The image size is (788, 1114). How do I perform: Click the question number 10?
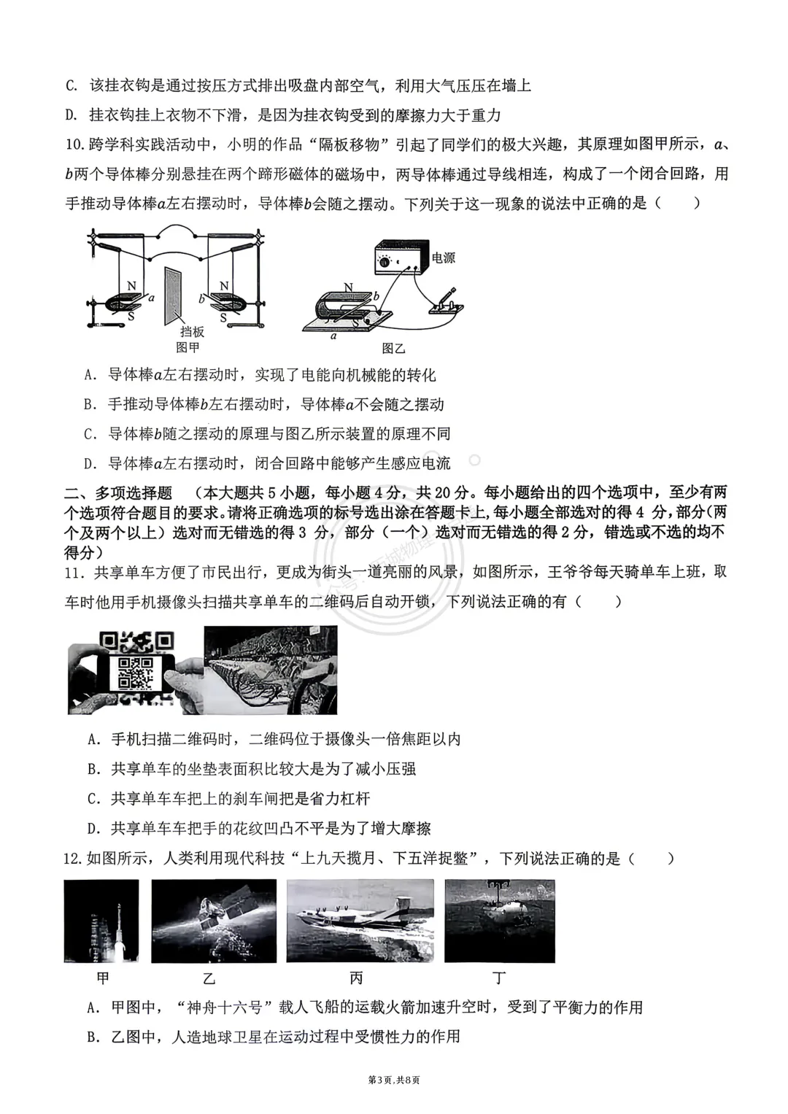pos(74,144)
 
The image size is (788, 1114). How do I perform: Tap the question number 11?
pos(74,572)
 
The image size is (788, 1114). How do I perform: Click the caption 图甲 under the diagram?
pos(188,347)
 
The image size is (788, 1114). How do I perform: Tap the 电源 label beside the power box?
pos(444,258)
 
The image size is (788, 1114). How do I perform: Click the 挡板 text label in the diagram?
pos(192,332)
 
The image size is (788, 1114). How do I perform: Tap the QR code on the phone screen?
pos(134,672)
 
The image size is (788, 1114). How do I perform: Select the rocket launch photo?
pos(101,921)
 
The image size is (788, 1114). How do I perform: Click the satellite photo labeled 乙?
pos(214,921)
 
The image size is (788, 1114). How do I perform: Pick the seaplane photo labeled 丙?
pos(360,921)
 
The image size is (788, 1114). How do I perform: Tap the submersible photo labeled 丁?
pos(500,921)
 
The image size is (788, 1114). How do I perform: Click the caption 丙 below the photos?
pos(356,978)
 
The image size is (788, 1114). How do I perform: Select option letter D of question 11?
pos(93,828)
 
